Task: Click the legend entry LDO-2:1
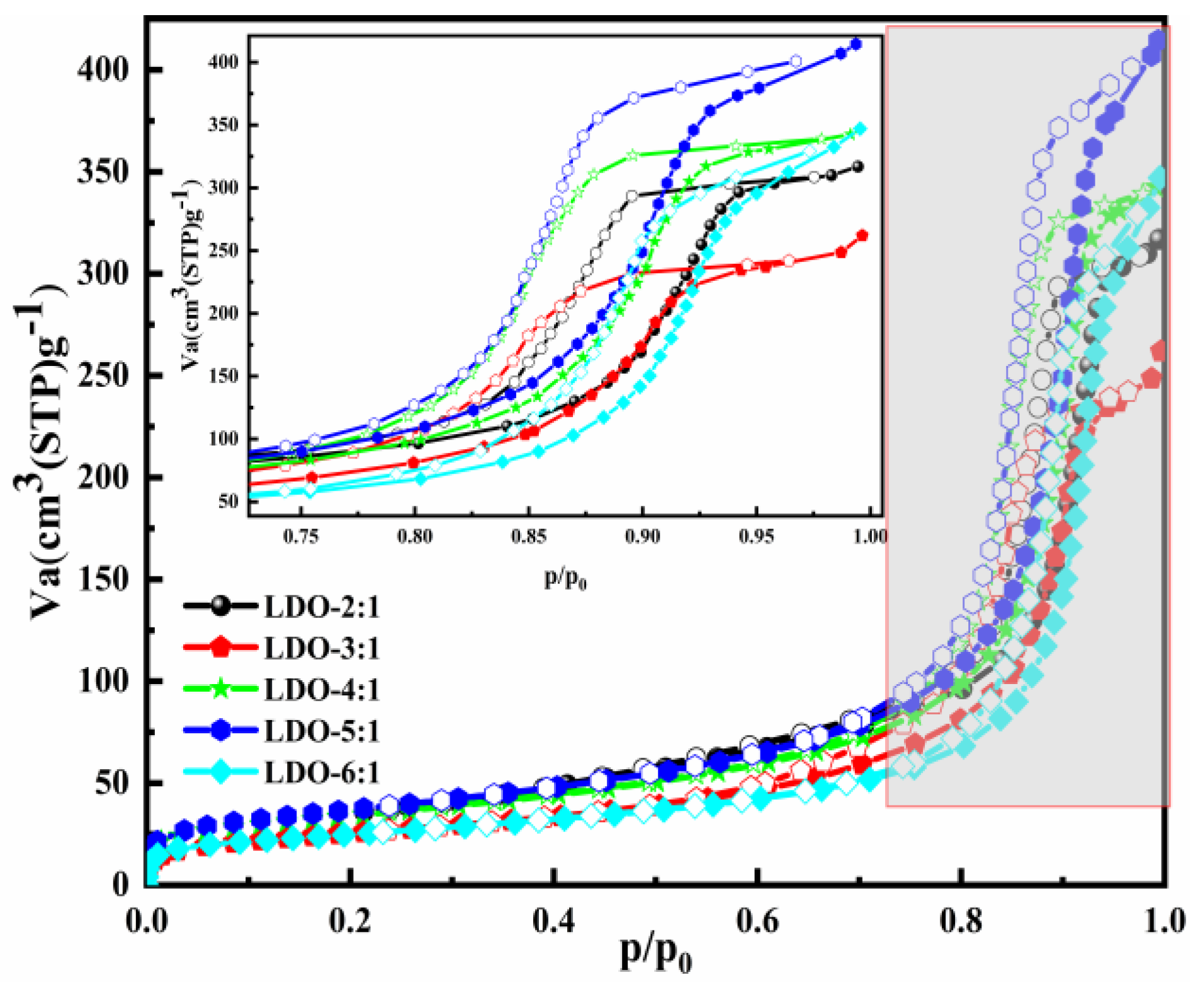321,608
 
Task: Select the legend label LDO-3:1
321,649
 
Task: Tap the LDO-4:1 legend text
321,690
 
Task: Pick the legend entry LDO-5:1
321,731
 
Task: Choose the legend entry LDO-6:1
321,773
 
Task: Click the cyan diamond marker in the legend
220,772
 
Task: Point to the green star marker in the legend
220,689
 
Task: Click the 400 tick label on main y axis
103,69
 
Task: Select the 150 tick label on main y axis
103,579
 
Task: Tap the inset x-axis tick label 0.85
528,537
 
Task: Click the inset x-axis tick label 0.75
301,537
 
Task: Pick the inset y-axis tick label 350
223,125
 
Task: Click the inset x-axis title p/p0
565,578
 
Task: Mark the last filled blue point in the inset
856,44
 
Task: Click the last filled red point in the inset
862,236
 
